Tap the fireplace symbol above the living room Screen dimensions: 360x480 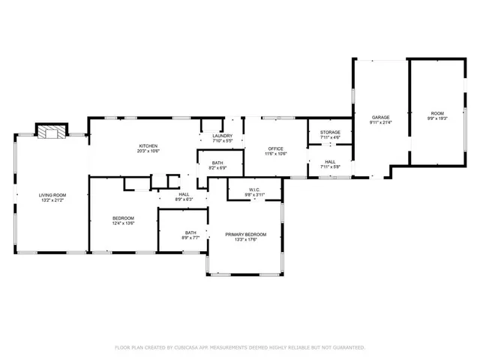point(52,133)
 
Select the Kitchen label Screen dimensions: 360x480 point(147,145)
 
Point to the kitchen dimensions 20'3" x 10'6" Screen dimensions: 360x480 point(147,151)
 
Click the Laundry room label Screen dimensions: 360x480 point(223,136)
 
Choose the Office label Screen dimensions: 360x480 point(275,148)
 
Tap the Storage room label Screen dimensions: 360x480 point(330,132)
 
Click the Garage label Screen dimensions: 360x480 point(381,117)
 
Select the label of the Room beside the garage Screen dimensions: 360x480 point(436,113)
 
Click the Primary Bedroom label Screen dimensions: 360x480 point(245,235)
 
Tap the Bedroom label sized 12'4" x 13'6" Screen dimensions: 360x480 point(123,217)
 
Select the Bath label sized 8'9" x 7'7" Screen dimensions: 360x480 point(191,232)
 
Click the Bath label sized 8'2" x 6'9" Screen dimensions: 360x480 point(217,163)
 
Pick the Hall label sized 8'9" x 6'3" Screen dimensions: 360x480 point(184,194)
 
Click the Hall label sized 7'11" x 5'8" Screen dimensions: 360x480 point(330,161)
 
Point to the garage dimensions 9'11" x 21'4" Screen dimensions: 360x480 point(381,122)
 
